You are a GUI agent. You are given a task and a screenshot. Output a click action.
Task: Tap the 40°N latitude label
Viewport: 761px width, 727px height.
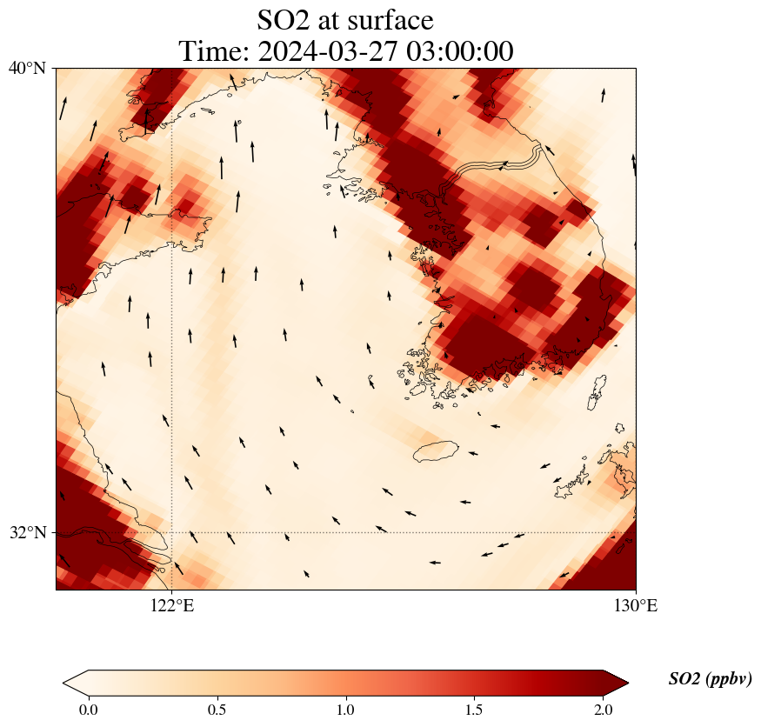click(x=28, y=68)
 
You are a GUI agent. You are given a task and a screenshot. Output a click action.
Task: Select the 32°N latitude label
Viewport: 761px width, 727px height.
click(x=28, y=532)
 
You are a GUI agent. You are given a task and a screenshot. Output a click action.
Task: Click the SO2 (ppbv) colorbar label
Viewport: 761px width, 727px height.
click(x=710, y=679)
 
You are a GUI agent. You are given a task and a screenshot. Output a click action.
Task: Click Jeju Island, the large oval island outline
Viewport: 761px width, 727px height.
click(x=436, y=451)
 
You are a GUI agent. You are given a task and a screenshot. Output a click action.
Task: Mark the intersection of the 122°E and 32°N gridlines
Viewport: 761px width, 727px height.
click(x=171, y=532)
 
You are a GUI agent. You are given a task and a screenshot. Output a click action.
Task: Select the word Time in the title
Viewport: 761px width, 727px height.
click(x=213, y=51)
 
